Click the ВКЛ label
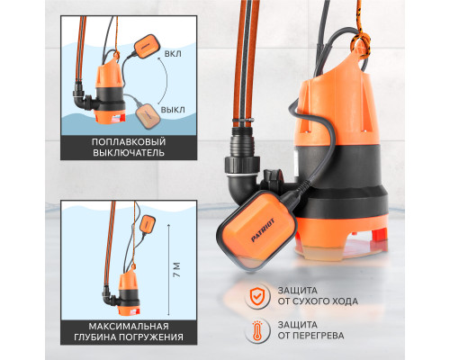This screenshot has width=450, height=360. tap(173, 54)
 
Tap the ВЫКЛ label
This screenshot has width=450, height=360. tap(173, 110)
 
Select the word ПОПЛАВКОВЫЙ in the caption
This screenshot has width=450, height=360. tap(129, 141)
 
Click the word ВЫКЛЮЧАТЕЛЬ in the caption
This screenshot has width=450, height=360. tap(129, 153)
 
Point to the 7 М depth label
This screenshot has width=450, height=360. tap(177, 270)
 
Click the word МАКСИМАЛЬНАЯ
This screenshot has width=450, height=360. tap(129, 326)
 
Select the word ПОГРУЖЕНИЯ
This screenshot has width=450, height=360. tap(151, 337)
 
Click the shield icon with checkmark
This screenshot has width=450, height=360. tap(256, 296)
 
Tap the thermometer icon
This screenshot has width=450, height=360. tap(256, 330)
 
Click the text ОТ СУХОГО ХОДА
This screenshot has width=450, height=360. tap(318, 301)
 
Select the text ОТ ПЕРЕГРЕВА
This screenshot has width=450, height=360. tap(310, 336)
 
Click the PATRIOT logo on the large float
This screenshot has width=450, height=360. tap(263, 230)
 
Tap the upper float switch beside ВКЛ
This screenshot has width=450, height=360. tap(146, 46)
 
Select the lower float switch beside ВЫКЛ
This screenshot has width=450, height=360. tap(148, 116)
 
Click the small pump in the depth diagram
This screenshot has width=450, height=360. tap(129, 295)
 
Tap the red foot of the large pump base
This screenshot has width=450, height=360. tap(379, 233)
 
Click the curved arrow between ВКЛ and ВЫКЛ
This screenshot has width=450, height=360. tap(166, 80)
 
